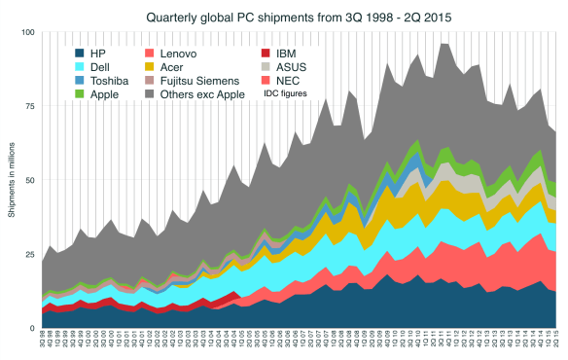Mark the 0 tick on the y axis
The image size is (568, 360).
(x=33, y=328)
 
